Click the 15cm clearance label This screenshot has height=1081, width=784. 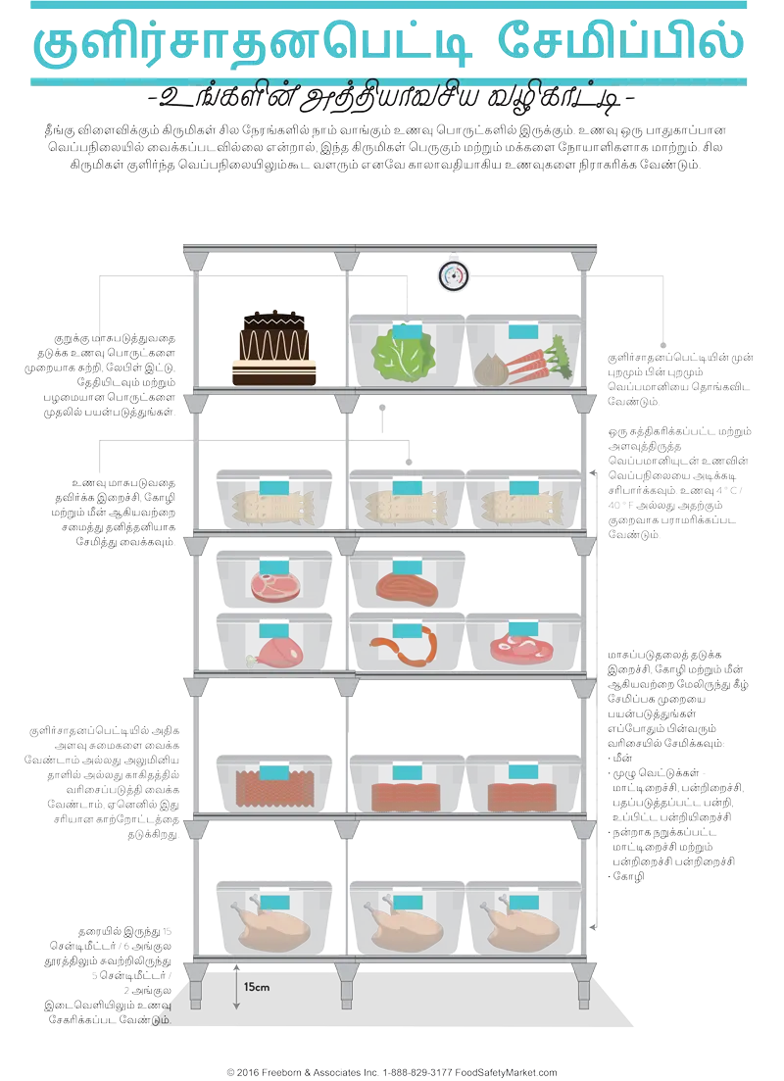[x=257, y=986]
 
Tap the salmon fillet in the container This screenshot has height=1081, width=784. [x=404, y=588]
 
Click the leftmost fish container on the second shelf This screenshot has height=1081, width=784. [x=274, y=502]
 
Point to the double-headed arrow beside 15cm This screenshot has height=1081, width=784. [x=236, y=988]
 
